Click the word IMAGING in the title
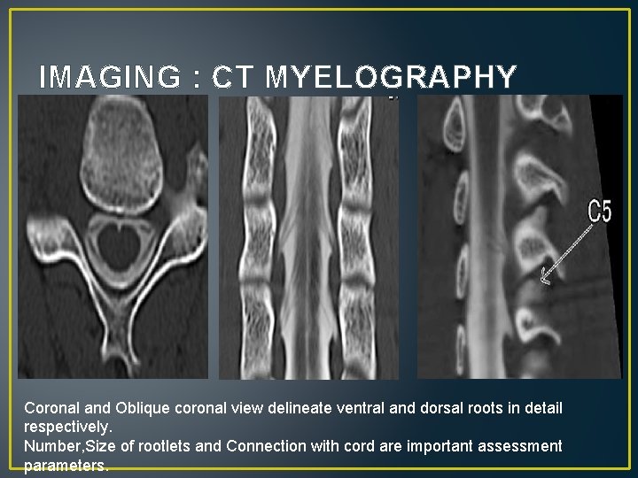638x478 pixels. [x=110, y=78]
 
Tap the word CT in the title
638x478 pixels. [x=233, y=78]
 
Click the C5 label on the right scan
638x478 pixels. [x=600, y=212]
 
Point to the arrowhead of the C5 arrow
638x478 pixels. [x=544, y=281]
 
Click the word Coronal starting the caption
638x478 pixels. [x=51, y=408]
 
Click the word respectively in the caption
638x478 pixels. [x=66, y=427]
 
